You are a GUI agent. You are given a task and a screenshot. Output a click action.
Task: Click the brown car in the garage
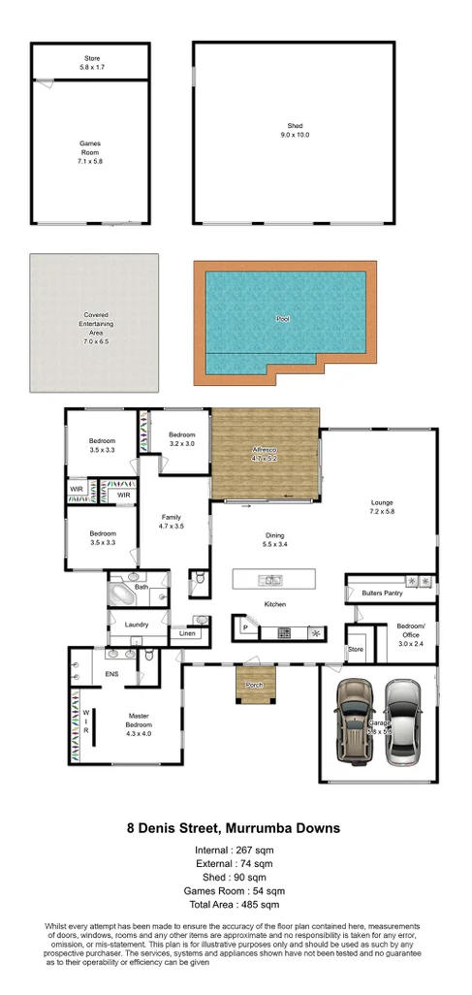[x=355, y=720]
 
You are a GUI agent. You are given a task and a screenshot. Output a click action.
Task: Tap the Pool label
[x=283, y=318]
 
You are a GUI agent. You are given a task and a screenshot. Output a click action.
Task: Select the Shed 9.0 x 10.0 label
[x=295, y=131]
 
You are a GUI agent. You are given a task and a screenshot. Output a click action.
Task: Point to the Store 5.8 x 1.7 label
[x=90, y=63]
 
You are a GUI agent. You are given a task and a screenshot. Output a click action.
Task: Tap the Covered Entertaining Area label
[x=94, y=323]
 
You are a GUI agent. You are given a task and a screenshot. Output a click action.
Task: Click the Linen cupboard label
[x=187, y=634]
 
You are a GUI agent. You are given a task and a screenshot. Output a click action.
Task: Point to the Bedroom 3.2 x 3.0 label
[x=181, y=438]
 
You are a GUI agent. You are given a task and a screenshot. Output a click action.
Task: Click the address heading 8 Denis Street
[x=235, y=829]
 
